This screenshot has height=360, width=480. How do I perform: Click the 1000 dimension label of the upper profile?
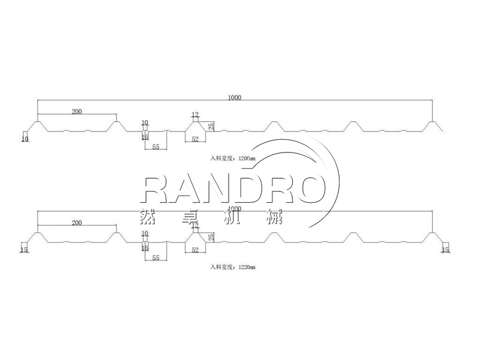[x=235, y=97]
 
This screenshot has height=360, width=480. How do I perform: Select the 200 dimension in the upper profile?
[x=77, y=112]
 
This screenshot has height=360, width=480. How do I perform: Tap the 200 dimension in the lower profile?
[x=77, y=223]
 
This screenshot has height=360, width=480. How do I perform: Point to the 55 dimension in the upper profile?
[x=155, y=146]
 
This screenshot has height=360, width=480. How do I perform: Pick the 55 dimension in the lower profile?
[x=155, y=257]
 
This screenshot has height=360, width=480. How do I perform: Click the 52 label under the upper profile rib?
[x=195, y=139]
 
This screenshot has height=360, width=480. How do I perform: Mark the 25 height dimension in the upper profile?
[x=211, y=126]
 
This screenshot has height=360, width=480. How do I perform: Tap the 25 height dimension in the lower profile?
[x=211, y=237]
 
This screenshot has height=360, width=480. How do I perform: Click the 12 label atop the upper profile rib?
[x=195, y=114]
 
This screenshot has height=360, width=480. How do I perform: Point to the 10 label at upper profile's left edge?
[x=25, y=139]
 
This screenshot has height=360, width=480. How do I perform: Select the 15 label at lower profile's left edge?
[x=24, y=250]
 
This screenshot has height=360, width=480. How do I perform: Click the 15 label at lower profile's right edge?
[x=445, y=250]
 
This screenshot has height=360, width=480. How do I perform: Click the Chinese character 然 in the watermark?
[x=146, y=215]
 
